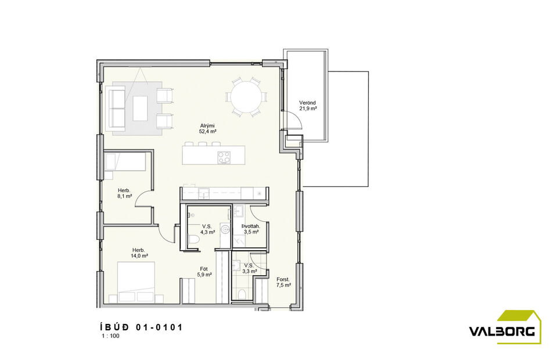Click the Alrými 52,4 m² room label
[208, 128]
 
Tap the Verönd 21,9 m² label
[308, 106]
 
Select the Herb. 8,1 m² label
[124, 193]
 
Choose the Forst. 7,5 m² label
[283, 282]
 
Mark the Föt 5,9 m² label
[204, 272]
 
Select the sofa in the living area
[119, 107]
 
